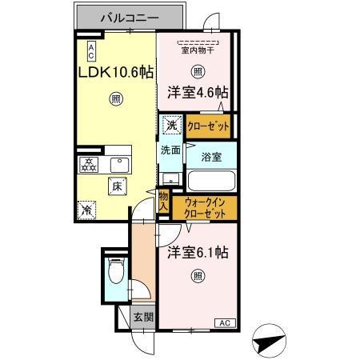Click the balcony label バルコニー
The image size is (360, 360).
(x=132, y=17)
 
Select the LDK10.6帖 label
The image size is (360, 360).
(x=115, y=71)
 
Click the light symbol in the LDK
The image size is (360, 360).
(x=116, y=100)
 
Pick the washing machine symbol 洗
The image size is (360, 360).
(x=171, y=125)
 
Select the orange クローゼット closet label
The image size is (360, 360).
(x=208, y=126)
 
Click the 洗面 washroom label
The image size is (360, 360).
(x=169, y=150)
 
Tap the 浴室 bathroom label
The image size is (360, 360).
(x=212, y=156)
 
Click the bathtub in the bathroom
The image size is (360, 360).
(x=210, y=180)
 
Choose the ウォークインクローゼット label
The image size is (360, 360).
(x=206, y=209)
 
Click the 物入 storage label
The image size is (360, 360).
(x=163, y=201)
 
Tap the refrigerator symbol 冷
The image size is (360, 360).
(x=86, y=210)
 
